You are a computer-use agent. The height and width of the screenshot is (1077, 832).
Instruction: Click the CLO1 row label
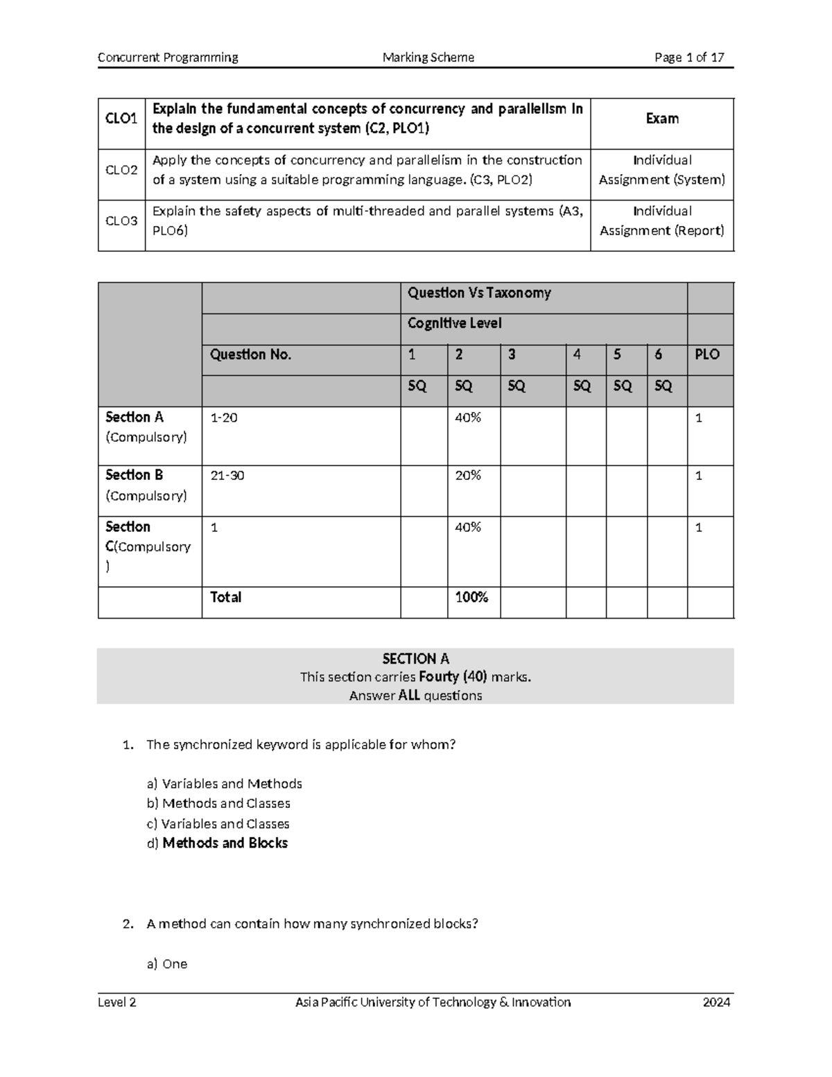(x=121, y=119)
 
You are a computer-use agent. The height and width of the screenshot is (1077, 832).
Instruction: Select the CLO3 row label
(x=121, y=221)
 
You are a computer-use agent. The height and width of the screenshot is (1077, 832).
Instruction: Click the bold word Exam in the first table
(x=662, y=119)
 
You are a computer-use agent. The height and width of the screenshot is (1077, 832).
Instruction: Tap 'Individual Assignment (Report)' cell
(x=662, y=221)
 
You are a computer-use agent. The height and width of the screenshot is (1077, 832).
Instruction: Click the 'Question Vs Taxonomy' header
(x=479, y=293)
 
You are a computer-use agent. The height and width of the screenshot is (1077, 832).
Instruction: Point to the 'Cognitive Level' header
(x=454, y=323)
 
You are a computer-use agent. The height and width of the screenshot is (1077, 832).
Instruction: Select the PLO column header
(x=707, y=354)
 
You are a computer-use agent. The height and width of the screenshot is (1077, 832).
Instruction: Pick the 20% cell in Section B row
(x=468, y=476)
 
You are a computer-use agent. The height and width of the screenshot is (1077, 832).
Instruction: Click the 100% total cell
(x=471, y=597)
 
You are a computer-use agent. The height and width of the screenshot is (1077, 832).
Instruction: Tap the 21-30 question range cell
(x=227, y=476)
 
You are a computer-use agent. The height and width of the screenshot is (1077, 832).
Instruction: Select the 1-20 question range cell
(x=224, y=417)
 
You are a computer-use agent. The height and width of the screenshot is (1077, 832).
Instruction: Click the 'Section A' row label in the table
(x=135, y=417)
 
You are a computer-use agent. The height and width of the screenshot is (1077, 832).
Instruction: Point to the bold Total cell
(x=226, y=597)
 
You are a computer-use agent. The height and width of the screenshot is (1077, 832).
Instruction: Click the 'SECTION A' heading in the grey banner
(x=415, y=659)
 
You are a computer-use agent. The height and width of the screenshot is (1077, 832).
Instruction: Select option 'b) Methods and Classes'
(x=218, y=803)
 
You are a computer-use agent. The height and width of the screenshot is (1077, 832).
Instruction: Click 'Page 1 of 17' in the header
(x=689, y=58)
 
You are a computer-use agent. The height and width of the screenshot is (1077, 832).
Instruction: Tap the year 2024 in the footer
(x=716, y=1002)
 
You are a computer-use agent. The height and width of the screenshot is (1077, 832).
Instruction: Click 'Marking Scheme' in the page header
(x=428, y=58)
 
